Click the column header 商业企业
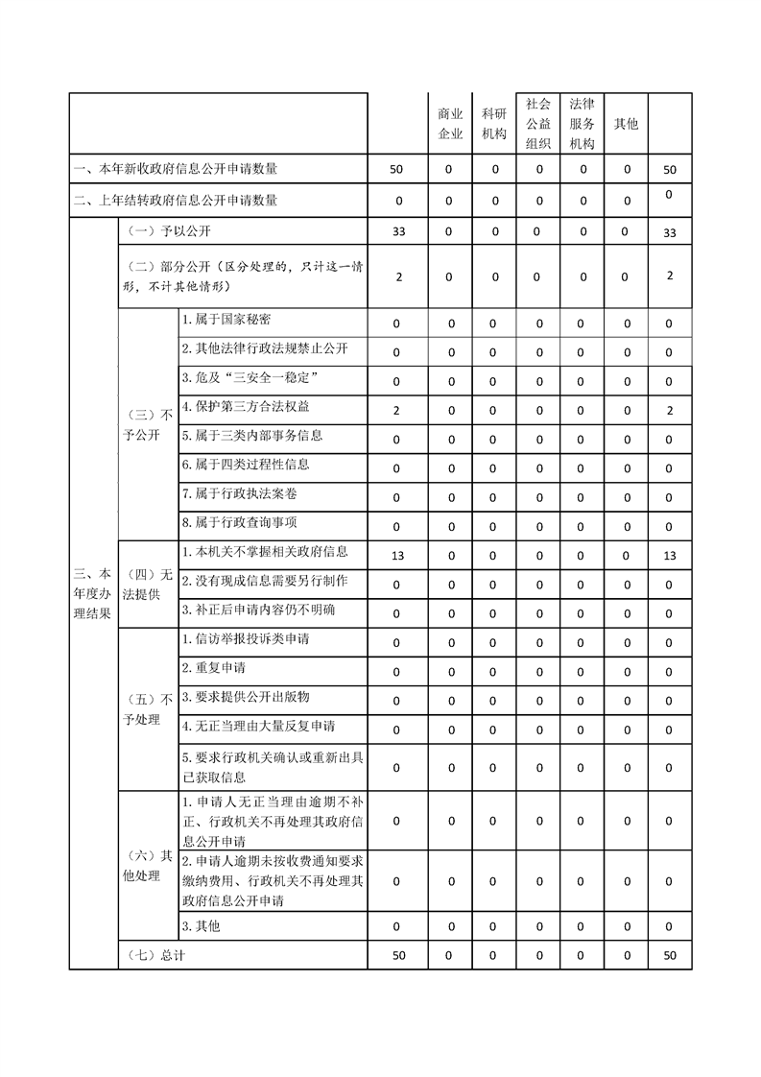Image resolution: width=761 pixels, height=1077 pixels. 450,124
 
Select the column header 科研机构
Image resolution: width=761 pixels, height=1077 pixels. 494,124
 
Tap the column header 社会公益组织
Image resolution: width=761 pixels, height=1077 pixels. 538,124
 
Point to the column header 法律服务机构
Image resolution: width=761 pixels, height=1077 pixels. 582,124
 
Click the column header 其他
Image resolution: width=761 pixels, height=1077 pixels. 626,124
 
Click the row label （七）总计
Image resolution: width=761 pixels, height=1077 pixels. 155,956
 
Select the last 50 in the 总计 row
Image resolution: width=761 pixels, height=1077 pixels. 670,956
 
